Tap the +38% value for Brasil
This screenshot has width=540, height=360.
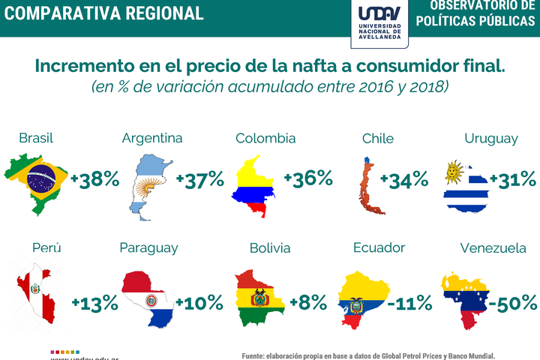[95, 179]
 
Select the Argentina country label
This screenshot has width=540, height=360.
[152, 139]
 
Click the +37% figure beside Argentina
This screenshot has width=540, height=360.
[200, 179]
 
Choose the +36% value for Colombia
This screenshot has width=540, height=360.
[308, 178]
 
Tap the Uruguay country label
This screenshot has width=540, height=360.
[491, 139]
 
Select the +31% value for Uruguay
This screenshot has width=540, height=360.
[513, 179]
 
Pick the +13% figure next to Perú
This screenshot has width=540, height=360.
[95, 303]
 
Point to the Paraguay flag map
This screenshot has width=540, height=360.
[147, 296]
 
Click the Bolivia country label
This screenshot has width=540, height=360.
[270, 248]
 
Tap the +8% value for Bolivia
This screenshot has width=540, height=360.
[308, 303]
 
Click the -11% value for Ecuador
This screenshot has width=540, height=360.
[409, 303]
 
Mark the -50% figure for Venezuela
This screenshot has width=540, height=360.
[513, 303]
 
